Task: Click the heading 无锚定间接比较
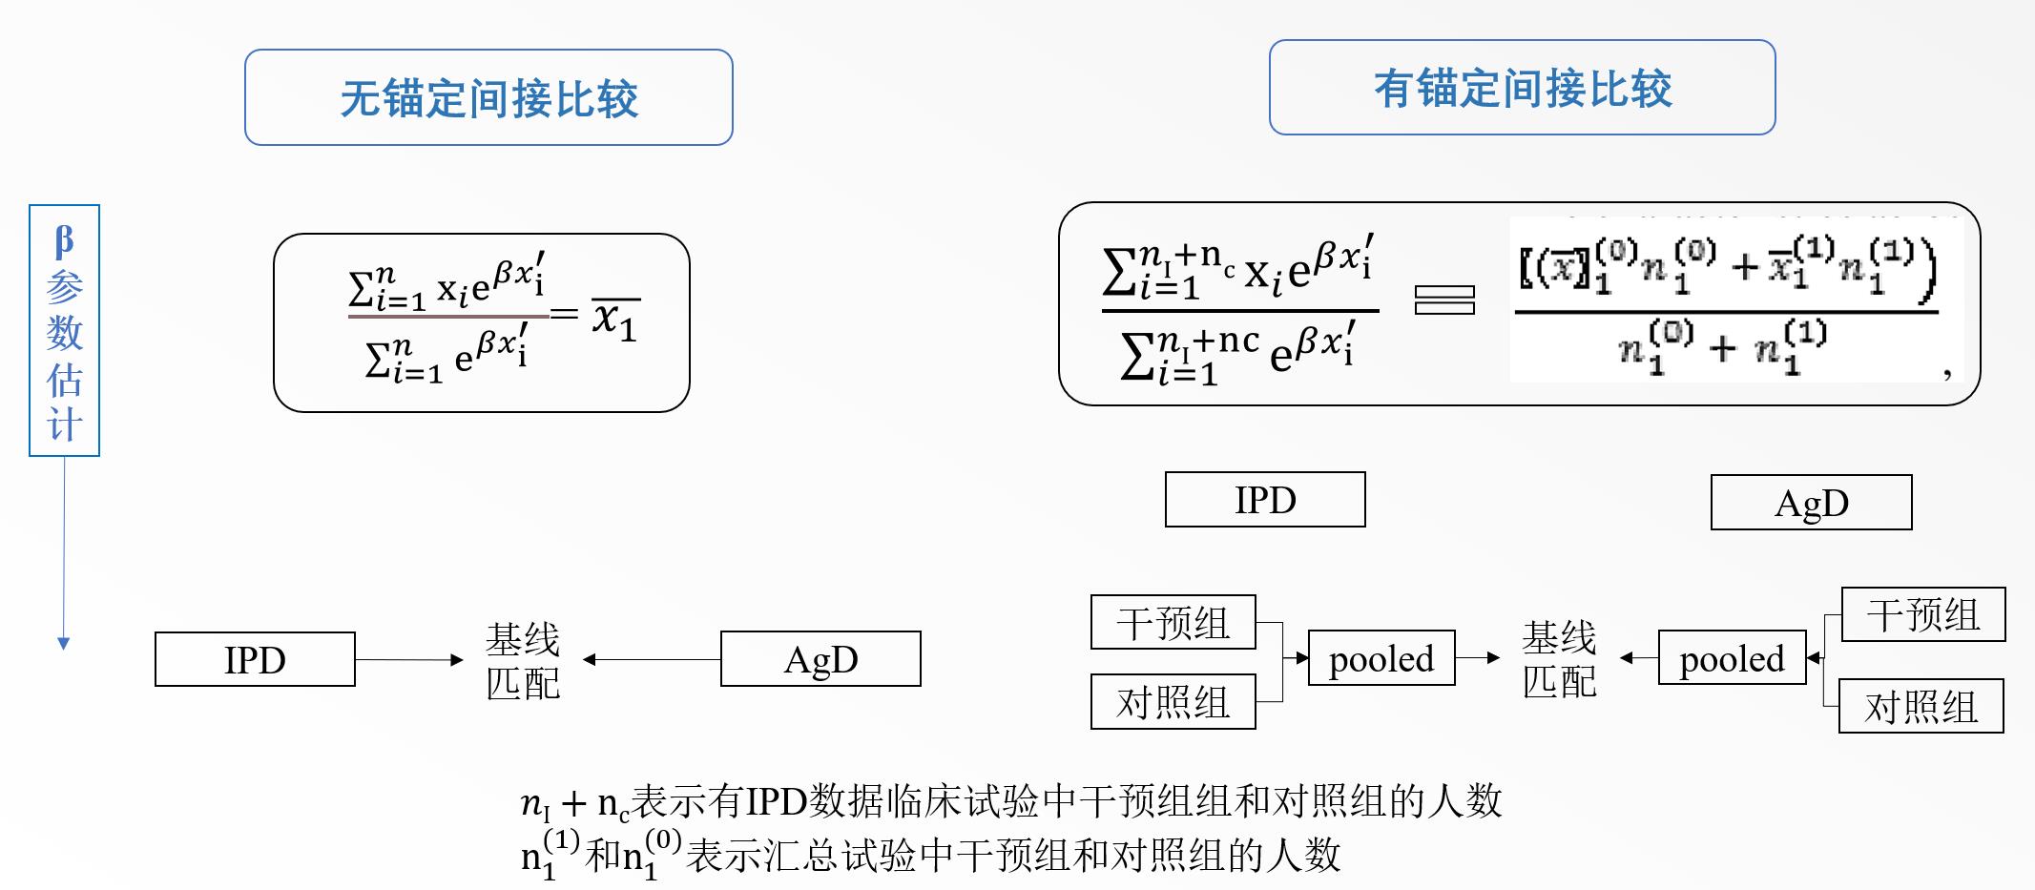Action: (x=488, y=98)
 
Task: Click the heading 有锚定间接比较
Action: (x=1522, y=89)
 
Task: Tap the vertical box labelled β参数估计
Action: (x=64, y=330)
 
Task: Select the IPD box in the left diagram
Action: (x=255, y=659)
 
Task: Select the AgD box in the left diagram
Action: (x=820, y=659)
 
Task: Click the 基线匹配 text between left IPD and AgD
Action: (x=522, y=660)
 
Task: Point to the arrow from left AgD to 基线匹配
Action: (x=654, y=659)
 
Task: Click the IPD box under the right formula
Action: (x=1265, y=500)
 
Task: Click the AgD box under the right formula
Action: (x=1811, y=503)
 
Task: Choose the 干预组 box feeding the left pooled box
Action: (x=1173, y=623)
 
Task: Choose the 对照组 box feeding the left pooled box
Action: (x=1173, y=702)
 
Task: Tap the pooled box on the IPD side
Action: (x=1381, y=658)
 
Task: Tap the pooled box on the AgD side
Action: (x=1732, y=658)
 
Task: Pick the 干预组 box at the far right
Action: (x=1922, y=615)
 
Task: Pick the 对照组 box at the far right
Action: (x=1921, y=707)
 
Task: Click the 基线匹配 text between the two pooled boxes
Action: (x=1559, y=658)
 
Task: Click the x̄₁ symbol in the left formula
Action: (x=613, y=318)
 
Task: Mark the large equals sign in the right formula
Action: (x=1444, y=300)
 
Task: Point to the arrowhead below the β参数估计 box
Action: (x=64, y=644)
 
